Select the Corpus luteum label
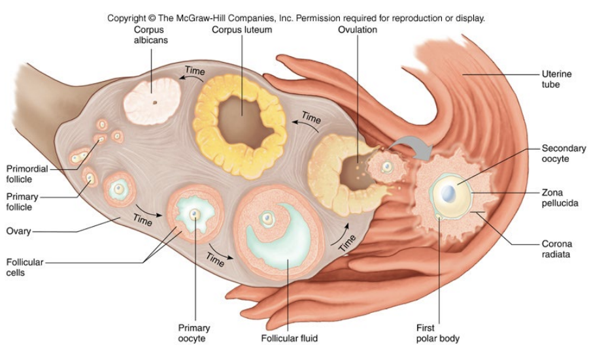pyautogui.click(x=241, y=30)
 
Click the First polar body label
pyautogui.click(x=437, y=333)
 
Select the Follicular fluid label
pyautogui.click(x=288, y=339)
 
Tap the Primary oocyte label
pyautogui.click(x=194, y=333)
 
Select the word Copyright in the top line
pyautogui.click(x=127, y=18)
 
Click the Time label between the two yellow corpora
pyautogui.click(x=311, y=119)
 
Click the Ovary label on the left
pyautogui.click(x=19, y=231)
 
